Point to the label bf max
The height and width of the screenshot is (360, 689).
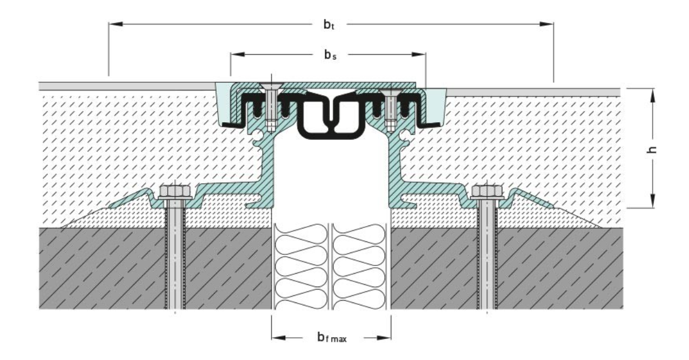(330, 338)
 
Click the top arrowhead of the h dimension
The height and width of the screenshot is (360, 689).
(652, 94)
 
